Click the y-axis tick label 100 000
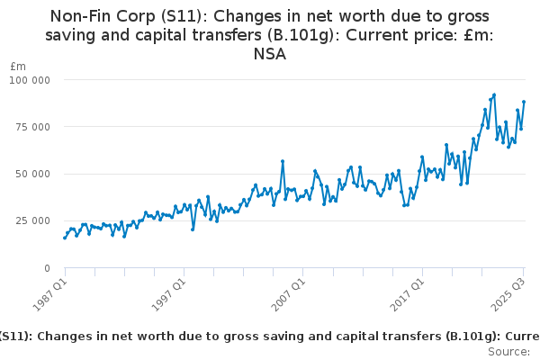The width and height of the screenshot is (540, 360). (x=31, y=79)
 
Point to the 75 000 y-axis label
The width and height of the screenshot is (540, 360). (x=33, y=127)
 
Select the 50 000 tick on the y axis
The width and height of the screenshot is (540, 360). (x=33, y=174)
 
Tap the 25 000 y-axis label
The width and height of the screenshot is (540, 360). (x=33, y=220)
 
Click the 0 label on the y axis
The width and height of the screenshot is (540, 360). (x=46, y=268)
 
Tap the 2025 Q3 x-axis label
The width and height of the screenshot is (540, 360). (x=506, y=293)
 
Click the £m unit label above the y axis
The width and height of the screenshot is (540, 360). (x=18, y=66)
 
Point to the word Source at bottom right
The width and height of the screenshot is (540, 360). (x=508, y=351)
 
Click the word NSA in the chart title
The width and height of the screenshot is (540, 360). (x=269, y=54)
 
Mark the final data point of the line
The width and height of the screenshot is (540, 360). (x=524, y=102)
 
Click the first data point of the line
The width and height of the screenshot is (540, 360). (x=64, y=238)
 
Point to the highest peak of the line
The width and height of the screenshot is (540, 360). (x=494, y=94)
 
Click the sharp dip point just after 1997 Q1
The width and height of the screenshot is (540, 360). (x=193, y=229)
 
